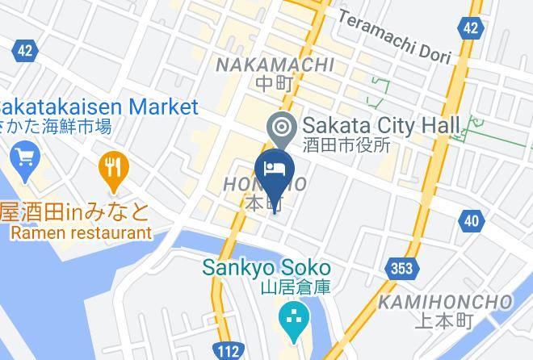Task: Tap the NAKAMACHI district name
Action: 275,65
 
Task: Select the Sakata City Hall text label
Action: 380,125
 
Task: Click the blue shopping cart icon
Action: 25,156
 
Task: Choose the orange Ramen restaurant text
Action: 81,232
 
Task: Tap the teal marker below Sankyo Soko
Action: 292,316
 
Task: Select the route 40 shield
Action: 472,219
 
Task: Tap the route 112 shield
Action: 229,350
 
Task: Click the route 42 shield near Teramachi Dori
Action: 470,28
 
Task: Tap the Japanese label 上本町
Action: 442,321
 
